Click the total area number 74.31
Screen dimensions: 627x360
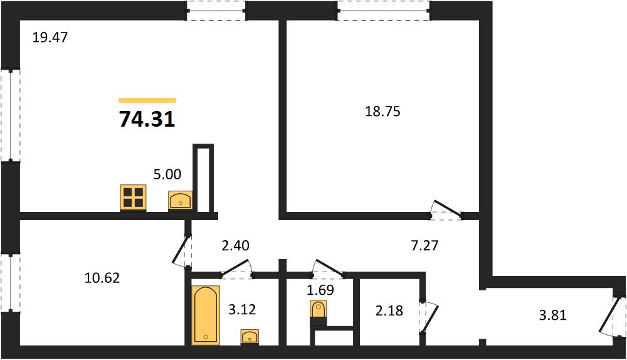pos(147,119)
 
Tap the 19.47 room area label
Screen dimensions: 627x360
pos(50,38)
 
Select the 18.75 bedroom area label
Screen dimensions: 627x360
pos(382,111)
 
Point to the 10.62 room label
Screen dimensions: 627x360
pos(102,278)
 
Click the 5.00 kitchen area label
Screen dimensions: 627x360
pos(167,174)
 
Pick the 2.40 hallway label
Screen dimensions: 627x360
pos(236,245)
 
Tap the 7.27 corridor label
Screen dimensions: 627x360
pos(424,245)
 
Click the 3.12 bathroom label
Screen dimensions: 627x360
pos(242,309)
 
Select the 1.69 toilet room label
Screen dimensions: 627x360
pos(320,290)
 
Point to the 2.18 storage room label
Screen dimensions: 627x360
pos(389,310)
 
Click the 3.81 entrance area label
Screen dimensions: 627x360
pos(553,315)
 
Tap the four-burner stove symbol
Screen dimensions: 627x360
pos(133,198)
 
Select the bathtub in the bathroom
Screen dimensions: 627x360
pos(206,315)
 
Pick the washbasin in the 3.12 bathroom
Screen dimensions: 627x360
pos(250,337)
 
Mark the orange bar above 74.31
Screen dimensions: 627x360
pos(147,100)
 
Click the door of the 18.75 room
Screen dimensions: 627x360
pos(446,210)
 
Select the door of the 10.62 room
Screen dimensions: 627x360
pos(182,250)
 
